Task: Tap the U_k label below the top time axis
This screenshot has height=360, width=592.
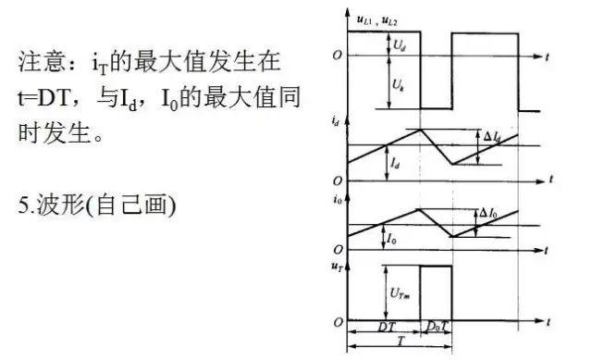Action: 397,84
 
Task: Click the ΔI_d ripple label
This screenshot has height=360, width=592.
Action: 492,137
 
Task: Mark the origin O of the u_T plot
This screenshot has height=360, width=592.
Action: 337,321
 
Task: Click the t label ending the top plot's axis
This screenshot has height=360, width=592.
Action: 549,56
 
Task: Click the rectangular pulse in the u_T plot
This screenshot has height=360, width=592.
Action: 435,292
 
